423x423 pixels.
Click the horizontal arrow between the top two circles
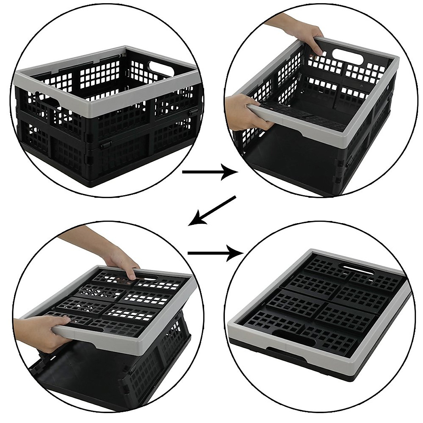(x=210, y=172)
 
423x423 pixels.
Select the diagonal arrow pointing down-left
(x=212, y=210)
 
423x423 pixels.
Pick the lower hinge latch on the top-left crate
(x=105, y=146)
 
